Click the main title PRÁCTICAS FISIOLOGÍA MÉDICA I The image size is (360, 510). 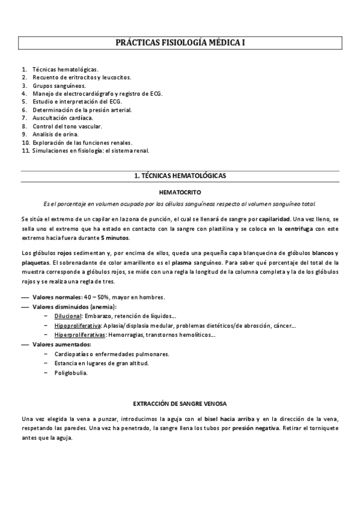tap(180, 43)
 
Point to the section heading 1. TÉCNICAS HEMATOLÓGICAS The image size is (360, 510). tap(180, 176)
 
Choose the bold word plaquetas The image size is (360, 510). tap(35, 262)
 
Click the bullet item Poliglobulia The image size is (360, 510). tap(71, 373)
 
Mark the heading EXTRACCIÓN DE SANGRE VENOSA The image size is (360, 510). tap(180, 403)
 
